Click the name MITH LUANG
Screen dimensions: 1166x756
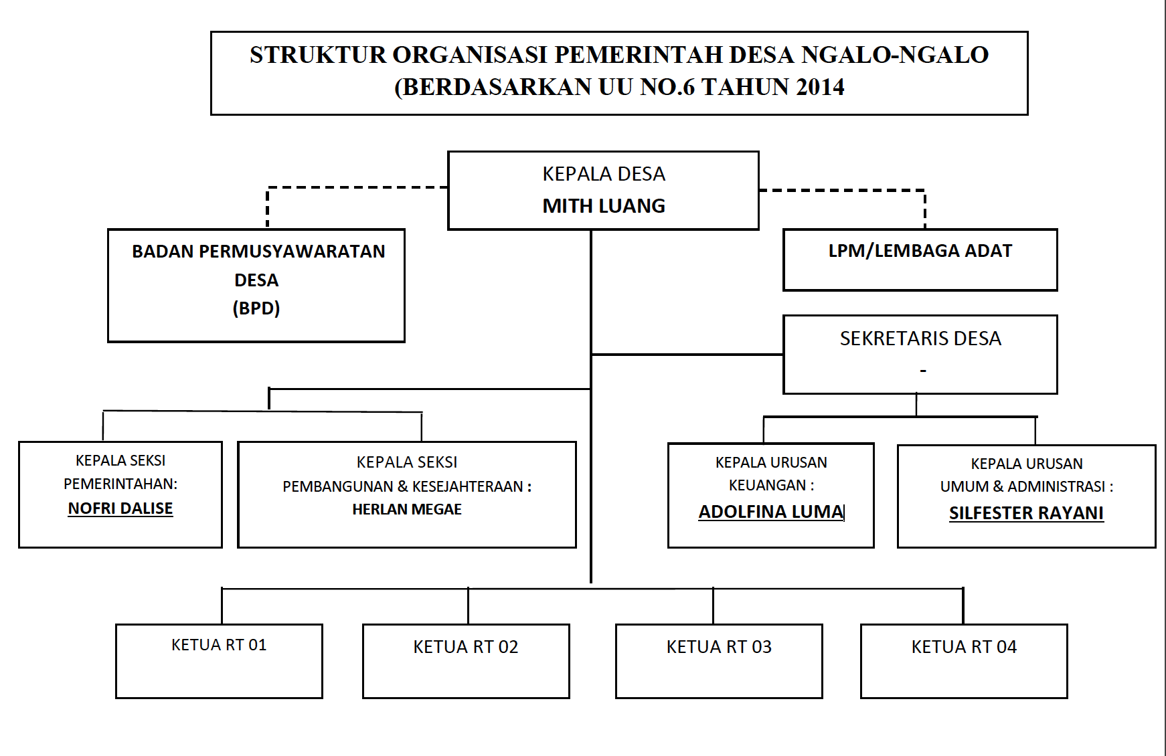tap(604, 206)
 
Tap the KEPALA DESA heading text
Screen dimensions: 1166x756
tap(604, 174)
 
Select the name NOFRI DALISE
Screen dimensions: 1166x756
tap(120, 508)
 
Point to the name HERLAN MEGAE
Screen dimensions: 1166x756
tap(407, 509)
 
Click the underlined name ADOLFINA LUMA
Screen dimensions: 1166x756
tap(771, 512)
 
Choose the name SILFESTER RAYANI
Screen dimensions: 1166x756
tap(1026, 513)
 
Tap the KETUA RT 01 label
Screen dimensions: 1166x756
tap(219, 645)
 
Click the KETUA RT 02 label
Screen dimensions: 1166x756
tap(466, 647)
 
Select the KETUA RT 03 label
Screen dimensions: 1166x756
tap(719, 647)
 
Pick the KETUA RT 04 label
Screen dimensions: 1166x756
tap(964, 647)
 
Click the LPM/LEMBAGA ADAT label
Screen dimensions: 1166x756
tap(920, 251)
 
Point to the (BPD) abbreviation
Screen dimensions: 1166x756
tap(256, 308)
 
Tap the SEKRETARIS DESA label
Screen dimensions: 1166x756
tap(920, 339)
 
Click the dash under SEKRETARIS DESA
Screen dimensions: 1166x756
tap(923, 371)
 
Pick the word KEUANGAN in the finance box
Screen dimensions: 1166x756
tap(767, 485)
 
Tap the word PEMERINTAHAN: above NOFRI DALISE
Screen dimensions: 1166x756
tap(120, 484)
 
